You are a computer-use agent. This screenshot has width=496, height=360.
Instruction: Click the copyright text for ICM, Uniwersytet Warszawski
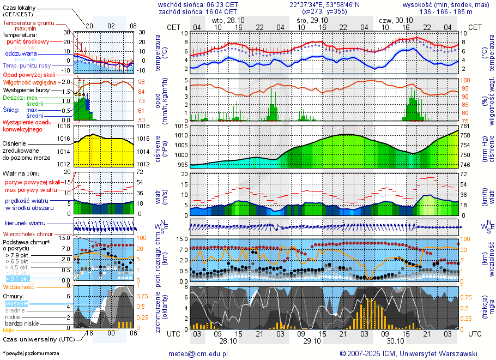coord(408,353)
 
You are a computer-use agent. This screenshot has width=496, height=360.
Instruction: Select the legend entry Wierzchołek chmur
coord(25,234)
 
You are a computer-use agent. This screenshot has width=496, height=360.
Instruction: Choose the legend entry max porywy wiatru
coord(31,190)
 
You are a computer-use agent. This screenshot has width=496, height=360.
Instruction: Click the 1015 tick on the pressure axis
coord(182,127)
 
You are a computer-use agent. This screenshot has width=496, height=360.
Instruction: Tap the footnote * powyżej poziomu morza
coord(29,353)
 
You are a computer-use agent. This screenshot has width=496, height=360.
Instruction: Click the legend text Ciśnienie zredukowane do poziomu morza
coord(26,150)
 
